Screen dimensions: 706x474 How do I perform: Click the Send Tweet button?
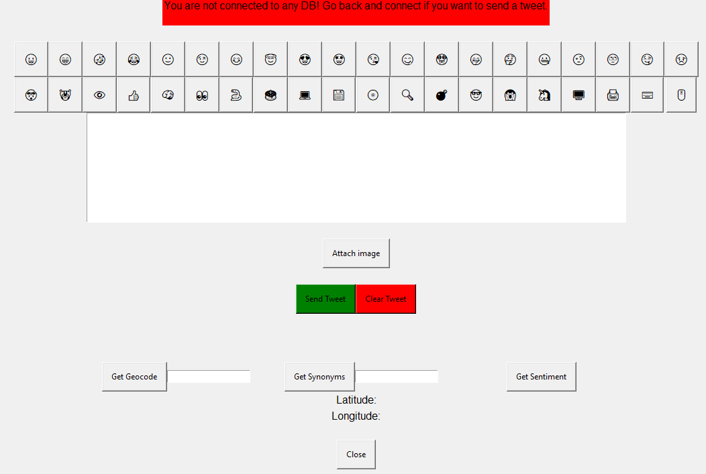325,298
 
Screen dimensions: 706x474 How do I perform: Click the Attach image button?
356,253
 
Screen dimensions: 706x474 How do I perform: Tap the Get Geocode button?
134,376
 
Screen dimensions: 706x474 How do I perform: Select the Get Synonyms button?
319,376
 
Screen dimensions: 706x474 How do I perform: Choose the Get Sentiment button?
541,376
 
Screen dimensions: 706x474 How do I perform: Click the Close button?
356,454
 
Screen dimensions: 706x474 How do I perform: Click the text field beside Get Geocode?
209,376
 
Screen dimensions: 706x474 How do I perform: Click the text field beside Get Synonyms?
397,376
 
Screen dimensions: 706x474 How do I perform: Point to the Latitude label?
356,400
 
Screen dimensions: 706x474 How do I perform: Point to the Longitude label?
356,416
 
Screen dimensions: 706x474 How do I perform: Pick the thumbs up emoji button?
134,95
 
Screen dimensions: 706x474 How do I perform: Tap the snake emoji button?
236,95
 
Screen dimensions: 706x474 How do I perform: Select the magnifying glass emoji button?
407,95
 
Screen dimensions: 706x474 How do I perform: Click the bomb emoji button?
442,95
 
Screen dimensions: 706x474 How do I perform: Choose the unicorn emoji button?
544,95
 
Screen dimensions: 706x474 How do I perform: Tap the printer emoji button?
613,95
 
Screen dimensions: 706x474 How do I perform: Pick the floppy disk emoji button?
339,95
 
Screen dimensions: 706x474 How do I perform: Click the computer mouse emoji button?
681,95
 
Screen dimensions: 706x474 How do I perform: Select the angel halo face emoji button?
270,60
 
